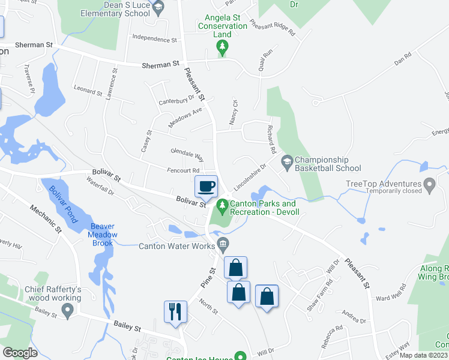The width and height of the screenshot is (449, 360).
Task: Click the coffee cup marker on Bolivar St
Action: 206,187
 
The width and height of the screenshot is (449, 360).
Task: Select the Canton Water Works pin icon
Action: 223,244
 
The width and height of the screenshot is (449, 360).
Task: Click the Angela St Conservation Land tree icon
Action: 223,47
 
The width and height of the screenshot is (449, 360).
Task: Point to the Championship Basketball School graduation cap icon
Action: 287,161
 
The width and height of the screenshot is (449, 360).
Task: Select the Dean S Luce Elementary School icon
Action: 158,8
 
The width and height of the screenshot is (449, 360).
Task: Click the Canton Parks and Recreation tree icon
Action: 223,206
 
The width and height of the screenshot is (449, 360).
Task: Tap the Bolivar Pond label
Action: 63,205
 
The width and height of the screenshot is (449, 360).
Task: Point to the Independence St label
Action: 154,40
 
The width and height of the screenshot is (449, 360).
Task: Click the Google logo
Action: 20,353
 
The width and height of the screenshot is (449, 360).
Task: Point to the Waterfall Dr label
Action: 100,186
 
